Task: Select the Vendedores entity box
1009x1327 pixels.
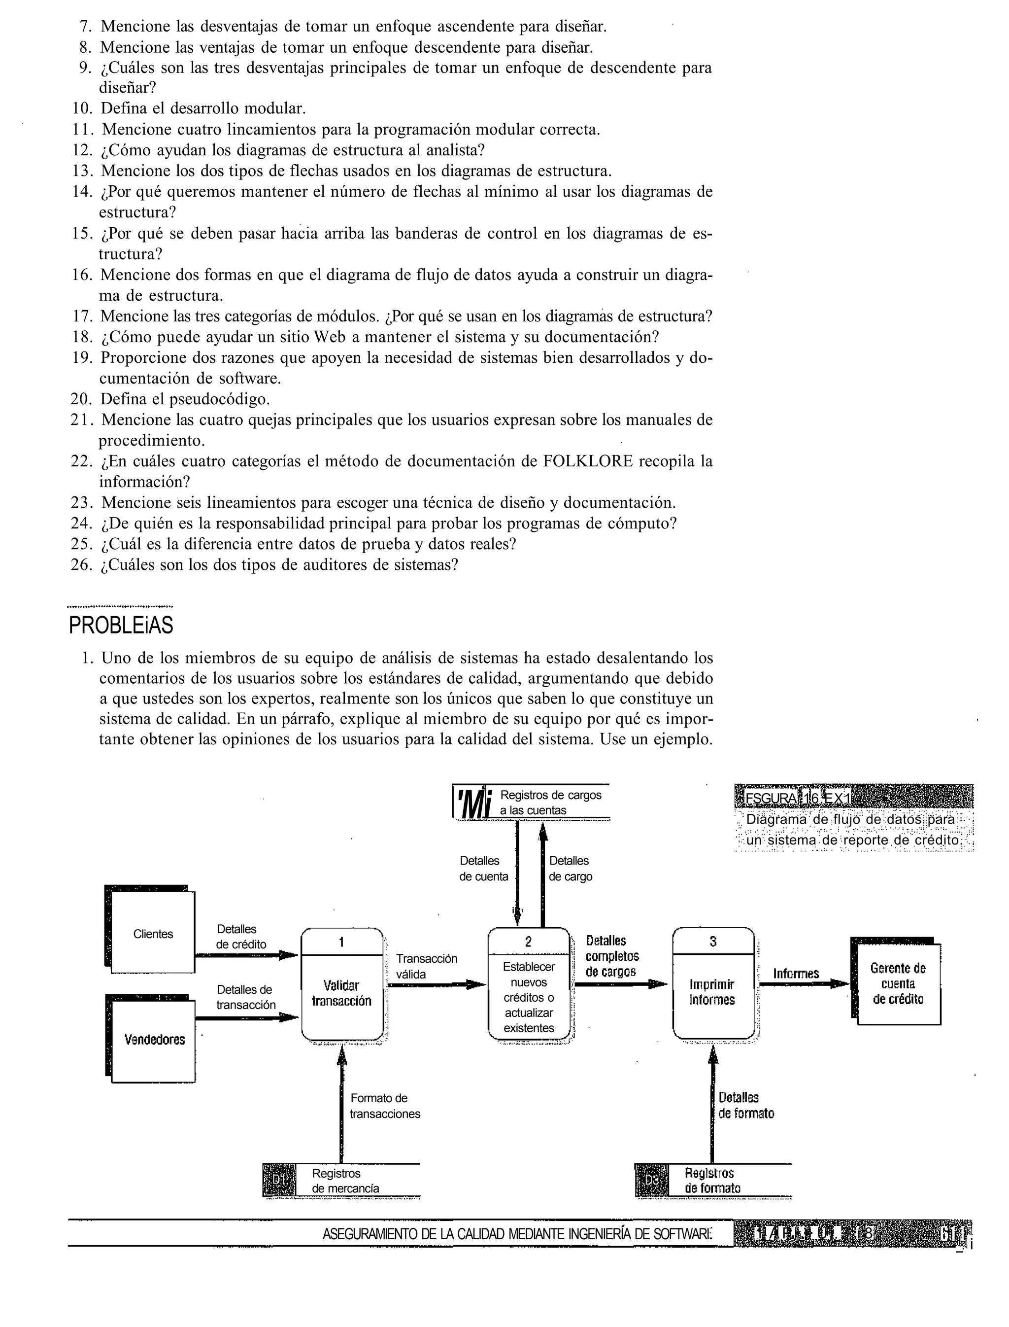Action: click(x=154, y=1040)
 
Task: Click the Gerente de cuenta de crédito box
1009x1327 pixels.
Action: click(x=898, y=984)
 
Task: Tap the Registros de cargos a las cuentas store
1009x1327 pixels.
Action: click(x=549, y=803)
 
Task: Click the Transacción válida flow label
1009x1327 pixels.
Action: click(x=426, y=966)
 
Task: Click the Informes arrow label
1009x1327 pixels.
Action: click(x=796, y=974)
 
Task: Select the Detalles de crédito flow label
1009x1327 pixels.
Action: click(x=240, y=937)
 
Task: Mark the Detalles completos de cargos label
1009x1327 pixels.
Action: click(x=611, y=956)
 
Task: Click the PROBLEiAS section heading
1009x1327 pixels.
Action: click(x=121, y=626)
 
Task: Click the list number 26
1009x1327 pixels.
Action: click(x=81, y=565)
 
